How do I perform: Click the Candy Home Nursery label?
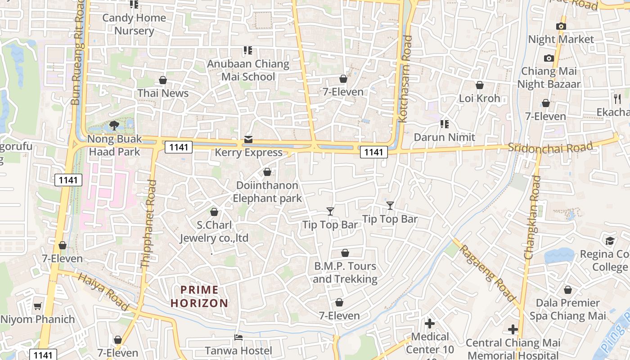[134, 24]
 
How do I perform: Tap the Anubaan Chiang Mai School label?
[248, 70]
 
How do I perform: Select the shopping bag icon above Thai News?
[163, 81]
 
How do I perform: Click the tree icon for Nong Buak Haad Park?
[114, 126]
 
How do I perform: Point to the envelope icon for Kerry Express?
[248, 139]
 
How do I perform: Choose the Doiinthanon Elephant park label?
[267, 192]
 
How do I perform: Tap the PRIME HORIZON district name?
[199, 297]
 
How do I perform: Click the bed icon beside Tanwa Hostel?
[238, 337]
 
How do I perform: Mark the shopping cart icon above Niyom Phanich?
[38, 306]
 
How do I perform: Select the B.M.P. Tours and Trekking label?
[345, 272]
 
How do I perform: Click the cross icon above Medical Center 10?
[430, 324]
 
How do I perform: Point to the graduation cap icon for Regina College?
[610, 241]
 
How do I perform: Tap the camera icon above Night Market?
[561, 26]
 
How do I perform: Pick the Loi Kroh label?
[479, 98]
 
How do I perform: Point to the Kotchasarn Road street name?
[405, 79]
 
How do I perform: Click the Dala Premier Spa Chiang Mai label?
[567, 309]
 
